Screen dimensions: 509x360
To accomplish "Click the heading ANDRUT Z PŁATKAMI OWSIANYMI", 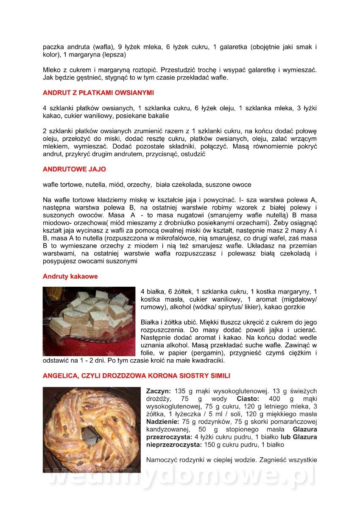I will [x=98, y=92].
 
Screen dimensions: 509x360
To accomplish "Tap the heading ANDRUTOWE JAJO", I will [x=74, y=169].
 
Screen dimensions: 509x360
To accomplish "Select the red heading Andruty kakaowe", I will [x=70, y=277].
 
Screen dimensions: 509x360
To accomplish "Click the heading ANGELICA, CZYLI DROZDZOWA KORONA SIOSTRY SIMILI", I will [x=136, y=376].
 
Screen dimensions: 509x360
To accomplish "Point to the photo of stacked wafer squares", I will [x=89, y=321].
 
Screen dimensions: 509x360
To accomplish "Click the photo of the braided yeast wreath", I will [x=91, y=429].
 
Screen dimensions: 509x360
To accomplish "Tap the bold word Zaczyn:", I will [x=159, y=391].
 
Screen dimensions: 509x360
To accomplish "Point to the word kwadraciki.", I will [x=205, y=361].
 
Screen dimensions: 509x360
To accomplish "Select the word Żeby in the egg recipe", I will [x=285, y=222].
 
